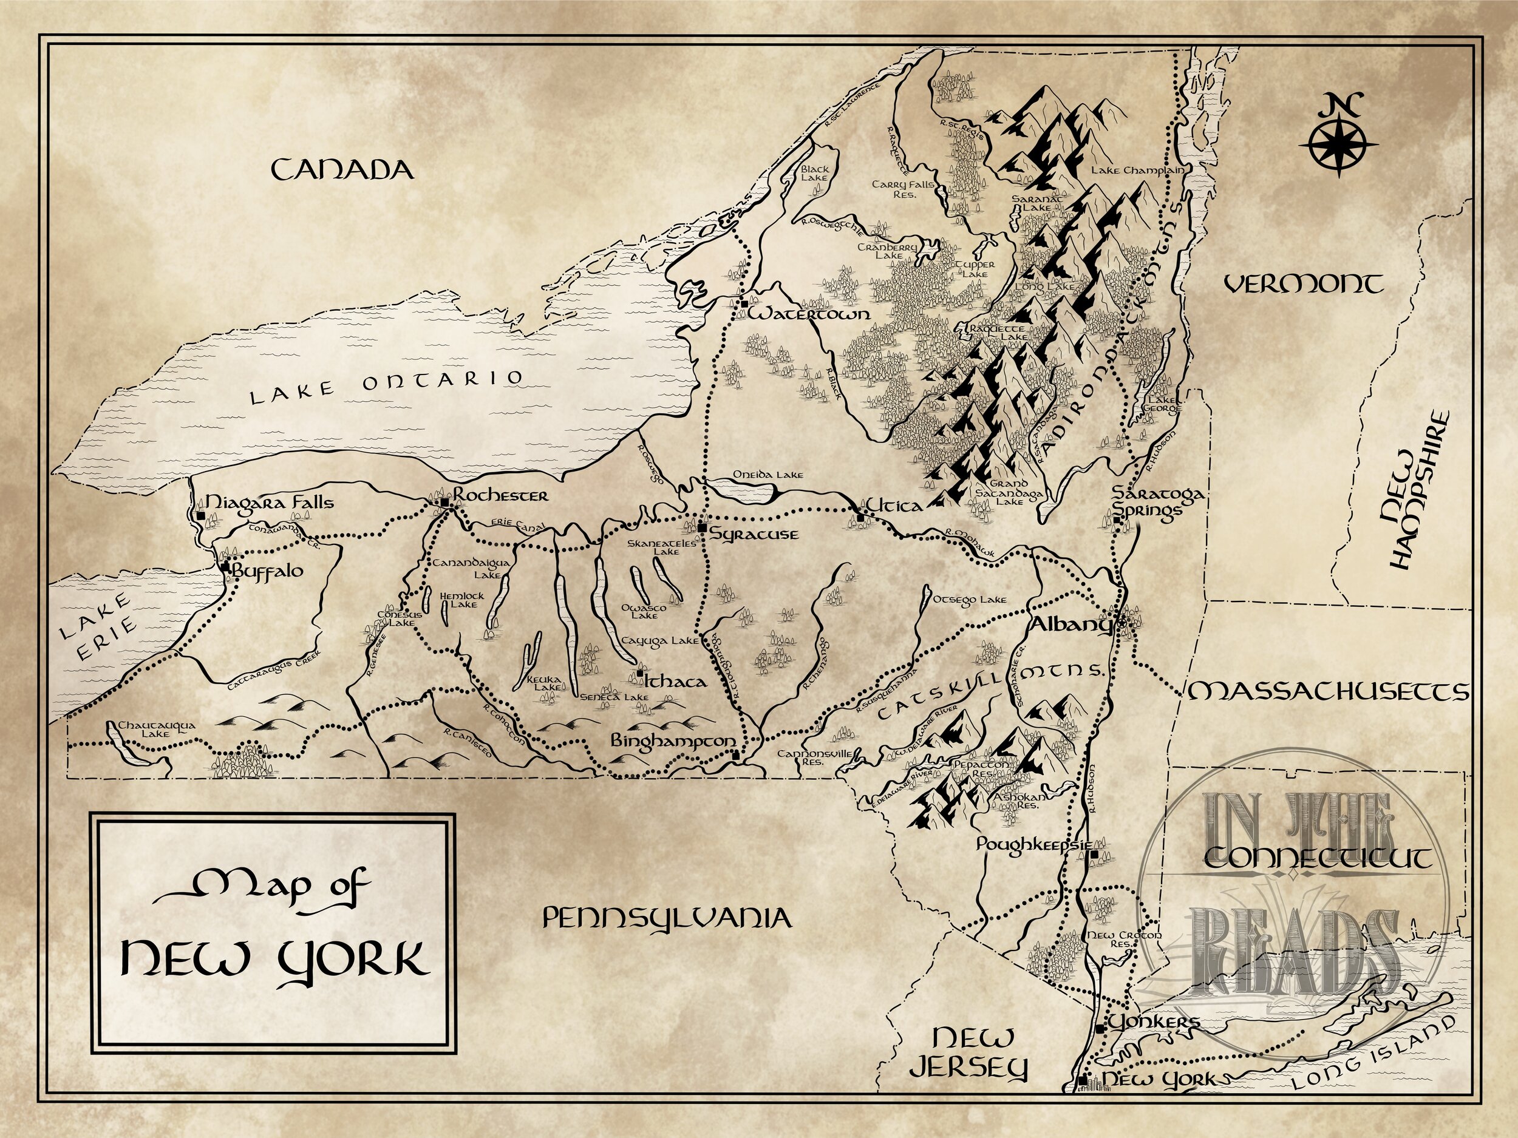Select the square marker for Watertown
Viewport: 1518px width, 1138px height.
click(744, 302)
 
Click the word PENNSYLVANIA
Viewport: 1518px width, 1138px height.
click(666, 917)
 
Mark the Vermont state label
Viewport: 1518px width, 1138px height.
click(1304, 284)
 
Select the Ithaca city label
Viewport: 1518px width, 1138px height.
click(675, 681)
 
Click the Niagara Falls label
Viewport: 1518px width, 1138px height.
click(270, 503)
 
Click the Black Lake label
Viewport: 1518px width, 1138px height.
click(815, 173)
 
